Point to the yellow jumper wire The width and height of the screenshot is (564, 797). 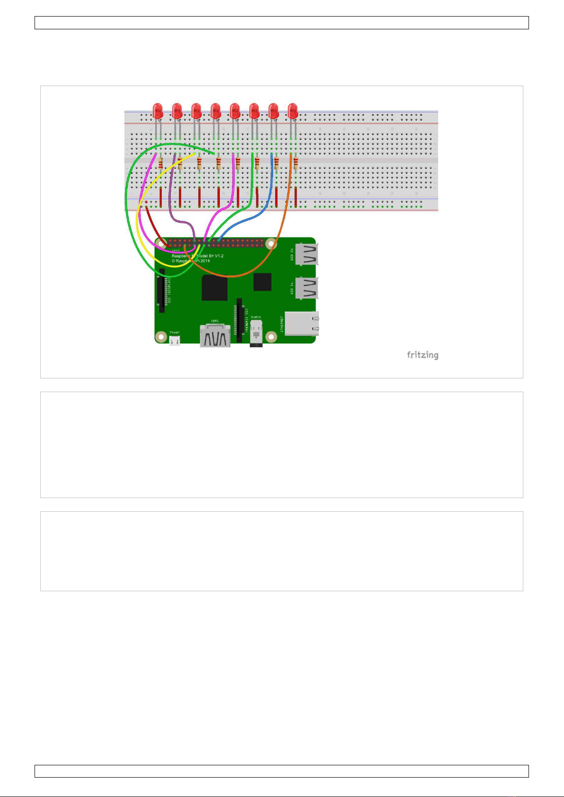pyautogui.click(x=138, y=222)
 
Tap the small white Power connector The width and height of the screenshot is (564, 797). pyautogui.click(x=175, y=340)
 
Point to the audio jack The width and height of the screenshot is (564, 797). pyautogui.click(x=256, y=333)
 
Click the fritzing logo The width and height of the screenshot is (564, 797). pyautogui.click(x=423, y=355)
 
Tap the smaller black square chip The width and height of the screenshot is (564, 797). pyautogui.click(x=262, y=282)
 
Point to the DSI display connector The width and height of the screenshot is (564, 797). pyautogui.click(x=162, y=290)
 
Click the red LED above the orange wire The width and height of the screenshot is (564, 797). pyautogui.click(x=293, y=111)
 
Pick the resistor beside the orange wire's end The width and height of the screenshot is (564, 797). pyautogui.click(x=296, y=164)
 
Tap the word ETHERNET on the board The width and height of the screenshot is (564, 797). pyautogui.click(x=282, y=324)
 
